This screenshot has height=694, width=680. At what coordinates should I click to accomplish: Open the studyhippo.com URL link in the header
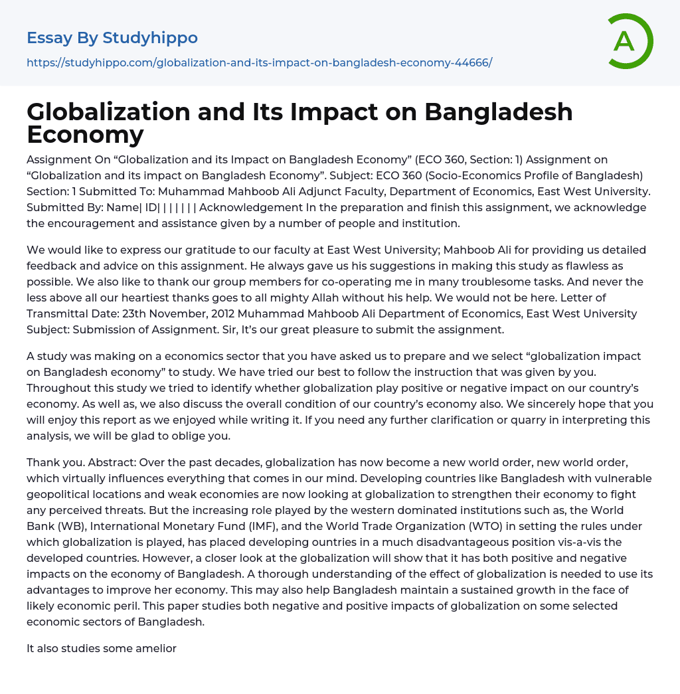click(x=259, y=63)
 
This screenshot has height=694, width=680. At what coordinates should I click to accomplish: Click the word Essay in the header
click(x=50, y=38)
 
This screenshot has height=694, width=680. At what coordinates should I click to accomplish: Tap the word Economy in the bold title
click(x=85, y=134)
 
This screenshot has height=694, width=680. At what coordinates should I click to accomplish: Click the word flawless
click(x=576, y=266)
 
